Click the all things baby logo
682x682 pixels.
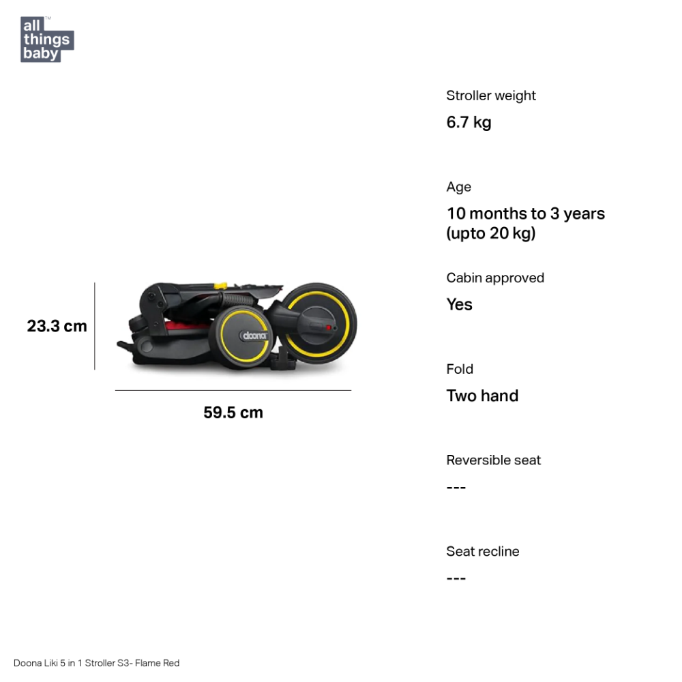[x=47, y=39]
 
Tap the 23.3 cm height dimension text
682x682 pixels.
[x=57, y=326]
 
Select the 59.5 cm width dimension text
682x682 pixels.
[x=233, y=413]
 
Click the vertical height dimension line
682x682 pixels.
[x=94, y=326]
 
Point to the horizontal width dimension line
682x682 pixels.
[x=233, y=390]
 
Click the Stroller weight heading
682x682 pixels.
[x=491, y=95]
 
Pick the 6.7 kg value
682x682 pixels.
[x=469, y=122]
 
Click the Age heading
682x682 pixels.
[x=459, y=187]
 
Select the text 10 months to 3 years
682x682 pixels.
[x=526, y=213]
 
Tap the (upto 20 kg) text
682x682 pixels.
[x=491, y=233]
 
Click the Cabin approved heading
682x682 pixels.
[x=495, y=278]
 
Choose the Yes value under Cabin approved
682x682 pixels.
[x=459, y=304]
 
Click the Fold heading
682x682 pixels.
[x=460, y=369]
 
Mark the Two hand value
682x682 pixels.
[x=482, y=396]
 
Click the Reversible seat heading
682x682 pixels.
[x=494, y=460]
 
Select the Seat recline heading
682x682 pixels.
[x=483, y=552]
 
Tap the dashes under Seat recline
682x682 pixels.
[x=456, y=578]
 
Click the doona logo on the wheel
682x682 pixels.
[x=254, y=336]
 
